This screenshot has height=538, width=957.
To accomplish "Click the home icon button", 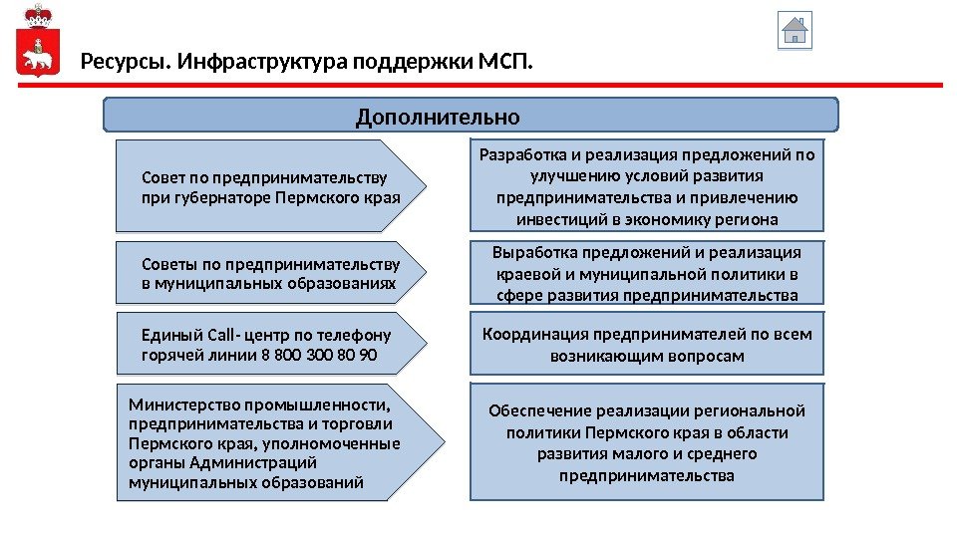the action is (795, 30).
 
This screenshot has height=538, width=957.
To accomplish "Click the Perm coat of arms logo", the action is (39, 45).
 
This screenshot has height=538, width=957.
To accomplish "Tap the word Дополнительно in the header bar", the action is (438, 118).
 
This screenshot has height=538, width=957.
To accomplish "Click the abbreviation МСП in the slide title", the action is (505, 65).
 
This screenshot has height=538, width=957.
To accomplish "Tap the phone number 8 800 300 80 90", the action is (318, 354).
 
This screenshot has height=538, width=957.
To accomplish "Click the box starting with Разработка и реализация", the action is (647, 186).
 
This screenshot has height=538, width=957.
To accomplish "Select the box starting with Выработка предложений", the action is (647, 272).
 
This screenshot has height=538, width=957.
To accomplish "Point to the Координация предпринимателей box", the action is (647, 344).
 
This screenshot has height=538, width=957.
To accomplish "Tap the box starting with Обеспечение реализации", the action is (647, 442).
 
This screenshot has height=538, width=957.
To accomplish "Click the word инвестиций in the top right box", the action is (554, 219).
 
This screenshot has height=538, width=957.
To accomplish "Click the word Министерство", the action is (176, 404).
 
